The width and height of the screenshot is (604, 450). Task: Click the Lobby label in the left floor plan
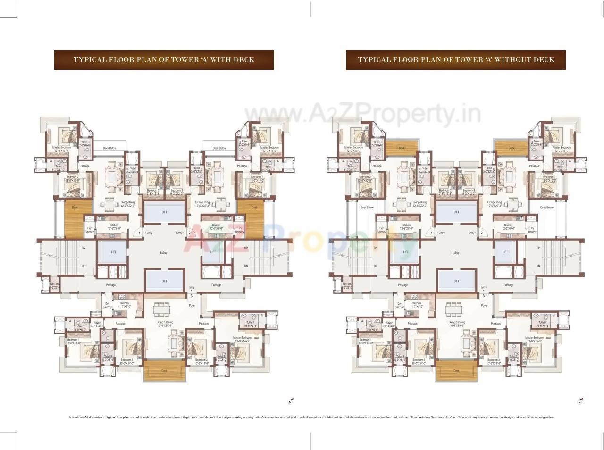164,253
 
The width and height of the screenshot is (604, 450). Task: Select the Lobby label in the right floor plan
456,253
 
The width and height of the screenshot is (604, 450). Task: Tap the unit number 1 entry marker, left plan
140,233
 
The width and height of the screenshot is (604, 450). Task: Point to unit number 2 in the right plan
481,233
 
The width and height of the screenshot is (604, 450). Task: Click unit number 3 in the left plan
192,296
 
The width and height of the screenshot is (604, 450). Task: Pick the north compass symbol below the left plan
290,402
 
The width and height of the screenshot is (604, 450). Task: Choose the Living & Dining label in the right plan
456,323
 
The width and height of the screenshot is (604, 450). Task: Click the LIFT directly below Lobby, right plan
456,281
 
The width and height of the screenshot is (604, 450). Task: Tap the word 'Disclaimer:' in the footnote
76,417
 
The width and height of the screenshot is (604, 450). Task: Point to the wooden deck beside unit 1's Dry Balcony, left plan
75,219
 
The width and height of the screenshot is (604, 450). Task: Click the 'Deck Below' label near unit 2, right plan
546,208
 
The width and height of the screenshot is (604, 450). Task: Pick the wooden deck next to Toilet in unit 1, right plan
402,148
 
